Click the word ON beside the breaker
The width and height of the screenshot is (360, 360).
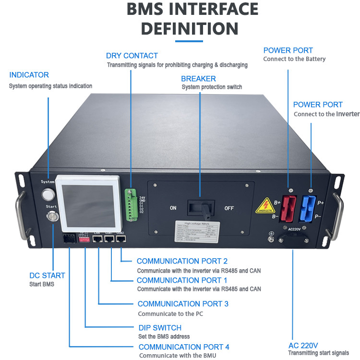173,208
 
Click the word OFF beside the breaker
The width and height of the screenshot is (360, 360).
229,208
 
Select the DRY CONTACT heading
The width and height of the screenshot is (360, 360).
132,56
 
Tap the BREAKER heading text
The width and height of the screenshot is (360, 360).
198,78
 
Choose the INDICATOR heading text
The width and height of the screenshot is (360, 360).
29,75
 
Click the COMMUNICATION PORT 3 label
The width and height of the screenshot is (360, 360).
183,304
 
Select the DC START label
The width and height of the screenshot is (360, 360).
47,276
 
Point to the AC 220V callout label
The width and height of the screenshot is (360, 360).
303,345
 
